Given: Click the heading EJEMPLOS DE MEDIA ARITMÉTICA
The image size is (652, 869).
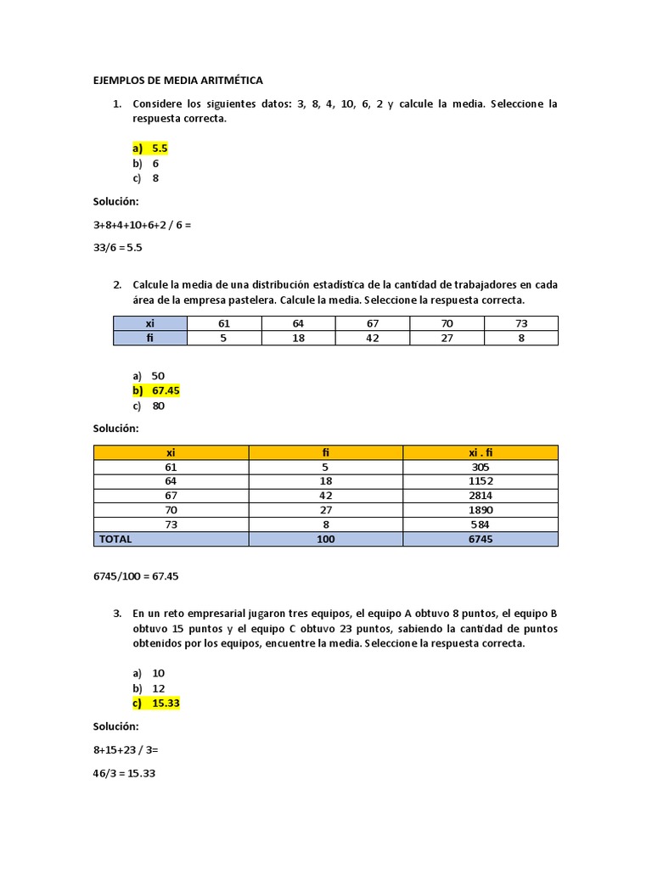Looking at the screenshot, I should click(178, 81).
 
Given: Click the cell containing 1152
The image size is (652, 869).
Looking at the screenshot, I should click(481, 481).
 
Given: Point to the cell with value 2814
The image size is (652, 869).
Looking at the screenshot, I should click(481, 496).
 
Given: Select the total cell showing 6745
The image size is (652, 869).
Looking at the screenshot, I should click(481, 539).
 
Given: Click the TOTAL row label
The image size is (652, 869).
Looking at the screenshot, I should click(115, 539).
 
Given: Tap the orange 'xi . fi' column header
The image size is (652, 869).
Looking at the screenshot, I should click(481, 452).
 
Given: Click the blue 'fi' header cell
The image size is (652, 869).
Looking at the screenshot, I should click(150, 338).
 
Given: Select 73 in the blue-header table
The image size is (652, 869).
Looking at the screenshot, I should click(521, 323).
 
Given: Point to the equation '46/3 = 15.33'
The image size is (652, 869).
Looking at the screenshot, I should click(125, 774).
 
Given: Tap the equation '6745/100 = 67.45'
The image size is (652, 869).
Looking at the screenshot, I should click(136, 576).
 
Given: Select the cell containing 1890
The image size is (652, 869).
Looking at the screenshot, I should click(481, 510).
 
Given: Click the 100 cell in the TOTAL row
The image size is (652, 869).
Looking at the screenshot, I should click(325, 539).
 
